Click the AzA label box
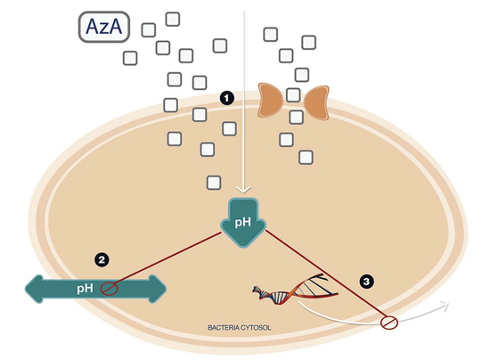pyautogui.click(x=104, y=27)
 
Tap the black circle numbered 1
pyautogui.click(x=226, y=98)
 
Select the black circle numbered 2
pyautogui.click(x=102, y=260)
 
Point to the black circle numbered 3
pyautogui.click(x=366, y=282)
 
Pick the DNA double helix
pyautogui.click(x=295, y=289)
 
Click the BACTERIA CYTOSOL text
pyautogui.click(x=240, y=328)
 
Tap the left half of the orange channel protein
pyautogui.click(x=270, y=101)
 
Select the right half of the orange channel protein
pyautogui.click(x=316, y=102)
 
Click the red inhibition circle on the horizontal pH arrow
pyautogui.click(x=109, y=289)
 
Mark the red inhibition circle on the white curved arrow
pyautogui.click(x=389, y=323)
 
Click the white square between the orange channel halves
pyautogui.click(x=293, y=95)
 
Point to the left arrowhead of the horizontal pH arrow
pyautogui.click(x=34, y=289)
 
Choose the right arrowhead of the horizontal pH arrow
pyautogui.click(x=157, y=289)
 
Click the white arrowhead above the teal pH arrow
pyautogui.click(x=243, y=190)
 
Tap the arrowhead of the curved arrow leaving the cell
pyautogui.click(x=445, y=305)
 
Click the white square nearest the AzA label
pyautogui.click(x=149, y=30)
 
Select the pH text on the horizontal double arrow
pyautogui.click(x=85, y=288)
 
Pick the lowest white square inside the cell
pyautogui.click(x=214, y=183)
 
